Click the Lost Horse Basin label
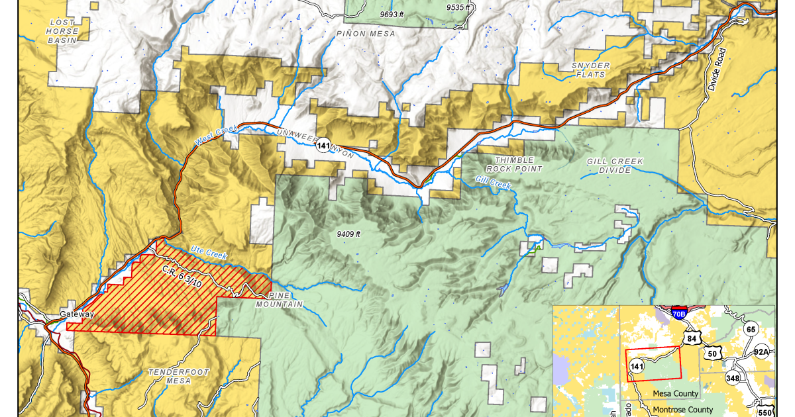[64, 31]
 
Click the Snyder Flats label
[590, 70]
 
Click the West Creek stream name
[215, 136]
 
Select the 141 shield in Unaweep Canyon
[323, 146]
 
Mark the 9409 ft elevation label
[348, 234]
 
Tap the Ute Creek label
[209, 252]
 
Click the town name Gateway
[77, 314]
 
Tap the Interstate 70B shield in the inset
[678, 314]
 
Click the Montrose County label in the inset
[682, 410]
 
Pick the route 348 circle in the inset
[733, 378]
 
